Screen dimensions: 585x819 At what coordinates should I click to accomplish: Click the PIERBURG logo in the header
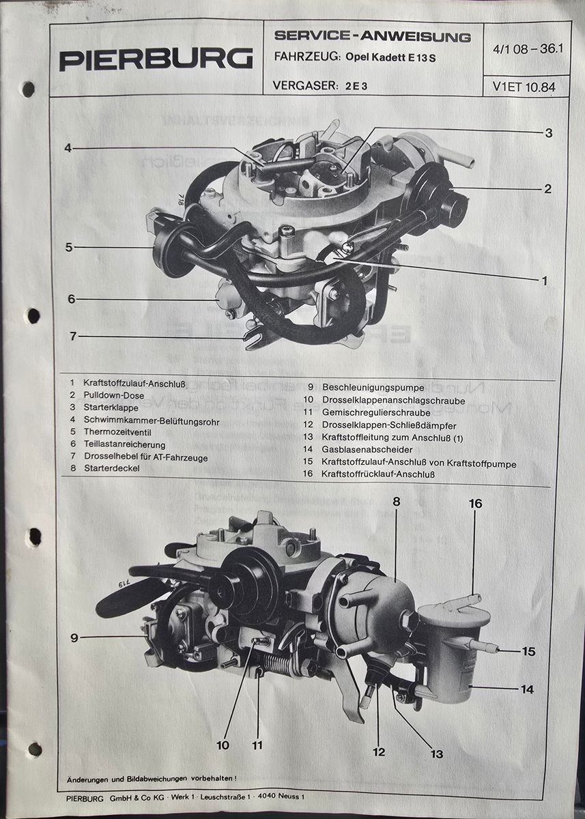(156, 59)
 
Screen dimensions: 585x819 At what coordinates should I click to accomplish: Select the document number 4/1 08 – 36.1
(528, 49)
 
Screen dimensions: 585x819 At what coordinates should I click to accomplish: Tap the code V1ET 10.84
(524, 87)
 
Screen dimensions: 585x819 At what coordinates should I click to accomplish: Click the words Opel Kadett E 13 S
(390, 57)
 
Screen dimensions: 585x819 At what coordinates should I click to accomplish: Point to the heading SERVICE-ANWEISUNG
(373, 36)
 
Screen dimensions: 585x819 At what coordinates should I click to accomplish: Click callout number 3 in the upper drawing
(548, 132)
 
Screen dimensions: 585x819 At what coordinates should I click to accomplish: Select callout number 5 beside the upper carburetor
(69, 247)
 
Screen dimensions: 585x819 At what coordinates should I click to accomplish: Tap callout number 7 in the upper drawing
(73, 336)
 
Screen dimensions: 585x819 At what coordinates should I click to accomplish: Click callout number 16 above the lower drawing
(475, 504)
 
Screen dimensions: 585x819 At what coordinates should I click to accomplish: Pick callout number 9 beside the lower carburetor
(74, 637)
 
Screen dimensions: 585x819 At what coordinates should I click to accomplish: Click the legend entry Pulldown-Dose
(114, 395)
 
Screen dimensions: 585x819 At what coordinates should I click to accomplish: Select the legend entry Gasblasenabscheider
(367, 450)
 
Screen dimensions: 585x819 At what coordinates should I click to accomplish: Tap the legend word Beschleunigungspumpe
(373, 388)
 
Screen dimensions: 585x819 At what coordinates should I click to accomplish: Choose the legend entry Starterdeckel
(112, 468)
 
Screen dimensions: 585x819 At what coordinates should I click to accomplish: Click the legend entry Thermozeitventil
(117, 432)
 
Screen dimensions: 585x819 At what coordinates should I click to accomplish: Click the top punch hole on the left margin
(28, 89)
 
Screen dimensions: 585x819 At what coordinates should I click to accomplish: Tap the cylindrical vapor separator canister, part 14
(453, 655)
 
